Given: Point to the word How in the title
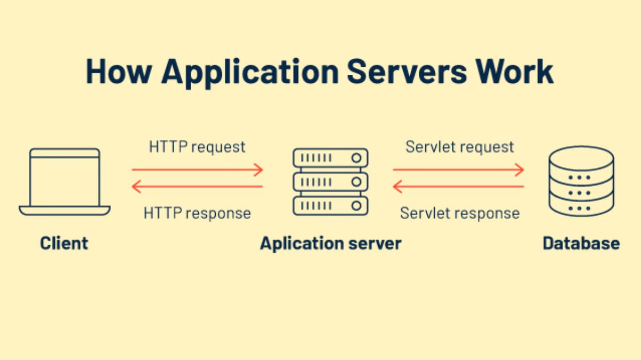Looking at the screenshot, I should [119, 71].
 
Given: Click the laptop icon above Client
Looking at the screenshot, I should [65, 182].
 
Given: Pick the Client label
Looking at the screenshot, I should [64, 244].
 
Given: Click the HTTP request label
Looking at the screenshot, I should [197, 147].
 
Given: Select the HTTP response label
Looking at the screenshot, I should [197, 213].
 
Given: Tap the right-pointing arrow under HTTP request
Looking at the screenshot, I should [197, 170].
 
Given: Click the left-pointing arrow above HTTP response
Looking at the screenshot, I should [197, 186].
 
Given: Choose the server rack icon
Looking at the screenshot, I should [331, 182].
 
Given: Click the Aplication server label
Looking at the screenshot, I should [331, 244].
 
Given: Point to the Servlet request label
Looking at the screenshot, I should [459, 147].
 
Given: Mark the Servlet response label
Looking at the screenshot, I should [459, 213].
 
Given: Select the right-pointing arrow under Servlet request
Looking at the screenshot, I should [458, 170].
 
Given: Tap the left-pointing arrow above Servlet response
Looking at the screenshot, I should [458, 186].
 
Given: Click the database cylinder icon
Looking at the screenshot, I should [581, 182].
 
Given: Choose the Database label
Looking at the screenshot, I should [581, 244].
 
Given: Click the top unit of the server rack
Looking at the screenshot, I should [331, 158].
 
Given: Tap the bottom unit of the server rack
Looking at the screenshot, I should [331, 205].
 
